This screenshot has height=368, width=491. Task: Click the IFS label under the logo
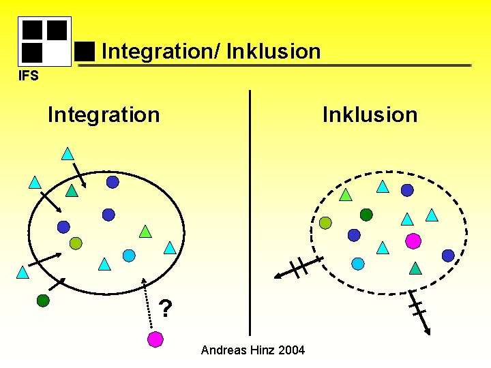[x=28, y=75]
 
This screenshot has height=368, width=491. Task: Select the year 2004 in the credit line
[x=291, y=350]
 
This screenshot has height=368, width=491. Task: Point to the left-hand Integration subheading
[x=104, y=114]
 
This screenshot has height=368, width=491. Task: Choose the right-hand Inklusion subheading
[x=370, y=114]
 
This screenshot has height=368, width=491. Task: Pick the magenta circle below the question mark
[x=155, y=339]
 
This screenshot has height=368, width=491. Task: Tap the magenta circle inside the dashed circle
[x=413, y=241]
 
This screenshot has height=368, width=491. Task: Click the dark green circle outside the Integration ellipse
[x=43, y=300]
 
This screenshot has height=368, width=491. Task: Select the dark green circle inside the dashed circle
[x=366, y=215]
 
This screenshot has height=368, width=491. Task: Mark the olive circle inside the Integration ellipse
[x=76, y=243]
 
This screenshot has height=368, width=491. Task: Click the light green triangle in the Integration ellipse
[x=145, y=232]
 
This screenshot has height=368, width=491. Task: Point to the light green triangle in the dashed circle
[x=346, y=195]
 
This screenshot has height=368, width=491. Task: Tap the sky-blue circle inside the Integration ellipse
[x=129, y=256]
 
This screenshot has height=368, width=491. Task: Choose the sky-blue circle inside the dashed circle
[x=358, y=263]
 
